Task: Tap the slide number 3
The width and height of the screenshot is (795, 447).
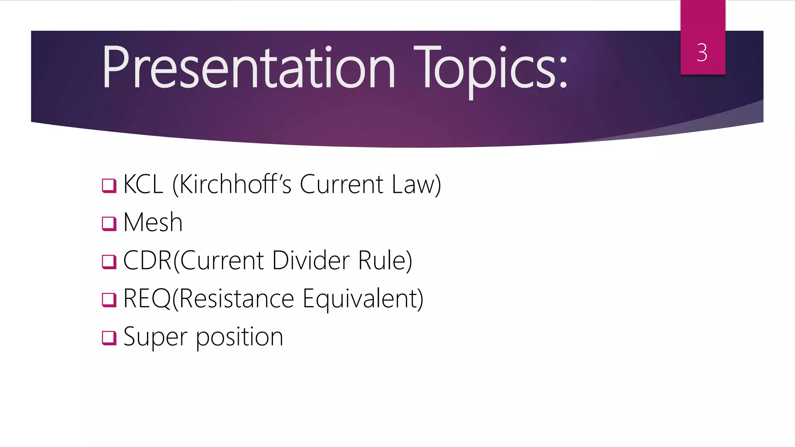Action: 702,52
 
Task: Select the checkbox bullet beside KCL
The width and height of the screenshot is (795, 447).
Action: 109,185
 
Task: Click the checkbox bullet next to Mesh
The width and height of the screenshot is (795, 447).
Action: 109,223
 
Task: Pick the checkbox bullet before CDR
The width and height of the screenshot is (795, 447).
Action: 109,262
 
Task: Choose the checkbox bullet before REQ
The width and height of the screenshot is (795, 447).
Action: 109,300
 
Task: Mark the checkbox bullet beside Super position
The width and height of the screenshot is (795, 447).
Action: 109,338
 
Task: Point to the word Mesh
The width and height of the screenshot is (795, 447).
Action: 153,222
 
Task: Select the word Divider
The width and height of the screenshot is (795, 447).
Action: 311,260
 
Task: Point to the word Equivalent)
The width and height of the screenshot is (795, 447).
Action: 363,299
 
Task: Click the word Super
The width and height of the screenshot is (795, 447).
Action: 155,337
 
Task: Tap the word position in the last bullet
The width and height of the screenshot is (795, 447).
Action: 240,337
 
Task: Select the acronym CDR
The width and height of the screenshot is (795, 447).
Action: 147,260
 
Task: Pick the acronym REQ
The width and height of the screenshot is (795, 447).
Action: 147,298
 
